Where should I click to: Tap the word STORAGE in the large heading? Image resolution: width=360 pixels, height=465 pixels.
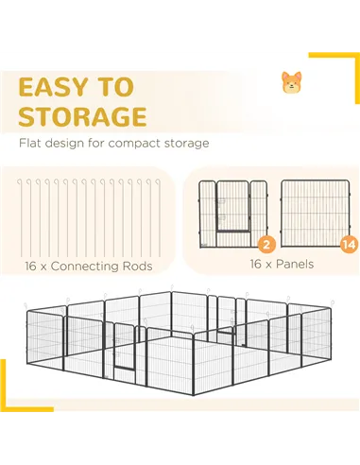(83, 116)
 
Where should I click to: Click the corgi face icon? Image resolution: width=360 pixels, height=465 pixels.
(291, 82)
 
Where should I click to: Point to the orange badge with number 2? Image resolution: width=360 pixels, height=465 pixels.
(266, 244)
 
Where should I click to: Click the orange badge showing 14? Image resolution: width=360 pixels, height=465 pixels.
(350, 245)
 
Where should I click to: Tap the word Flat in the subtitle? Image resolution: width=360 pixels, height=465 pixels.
(30, 143)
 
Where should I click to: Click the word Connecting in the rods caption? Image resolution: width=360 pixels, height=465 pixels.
(84, 267)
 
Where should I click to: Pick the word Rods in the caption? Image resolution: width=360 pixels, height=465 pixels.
(137, 267)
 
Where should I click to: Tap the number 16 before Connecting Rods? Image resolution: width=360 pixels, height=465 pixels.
(31, 267)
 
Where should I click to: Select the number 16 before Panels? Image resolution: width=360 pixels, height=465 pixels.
(256, 264)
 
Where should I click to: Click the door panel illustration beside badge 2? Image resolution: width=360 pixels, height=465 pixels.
(233, 215)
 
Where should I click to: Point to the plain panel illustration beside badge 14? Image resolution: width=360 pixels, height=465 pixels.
(316, 214)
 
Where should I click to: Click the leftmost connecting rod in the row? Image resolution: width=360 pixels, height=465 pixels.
(22, 218)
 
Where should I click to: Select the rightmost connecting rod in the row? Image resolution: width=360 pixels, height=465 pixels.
(160, 218)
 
